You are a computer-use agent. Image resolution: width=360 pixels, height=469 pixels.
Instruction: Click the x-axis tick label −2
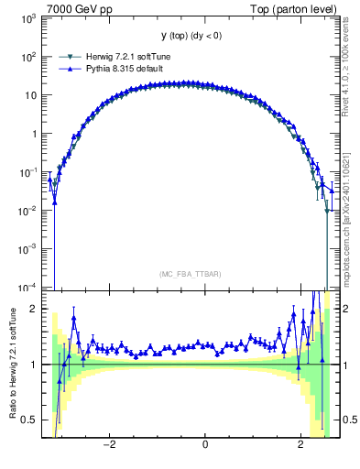click(109, 446)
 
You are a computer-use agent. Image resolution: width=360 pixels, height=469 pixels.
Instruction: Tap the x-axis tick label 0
click(204, 446)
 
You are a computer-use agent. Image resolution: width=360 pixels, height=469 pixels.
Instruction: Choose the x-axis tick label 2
click(300, 446)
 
